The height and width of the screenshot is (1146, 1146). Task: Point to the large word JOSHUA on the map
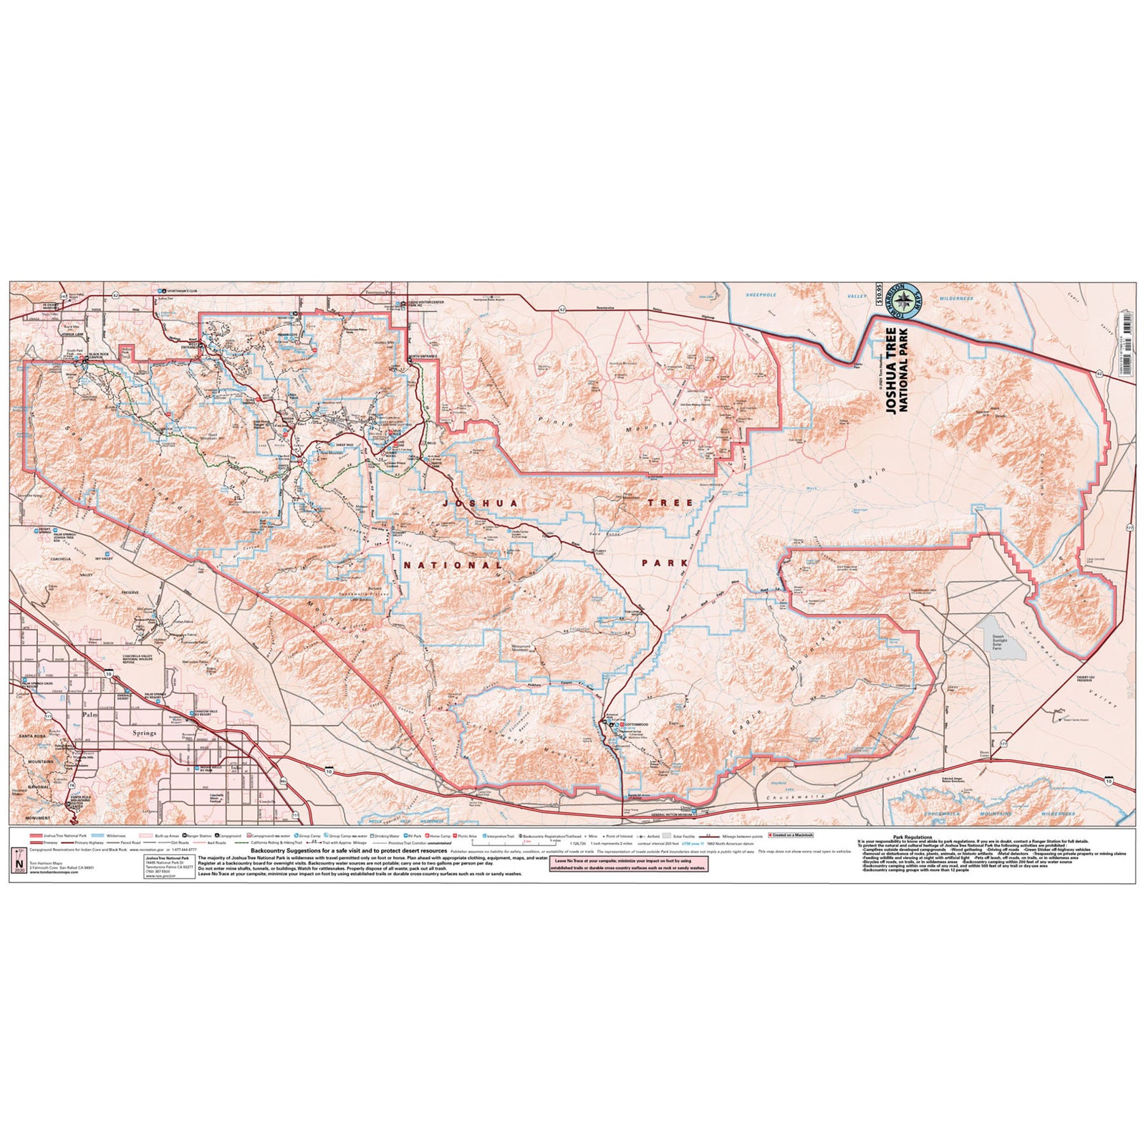[x=473, y=504]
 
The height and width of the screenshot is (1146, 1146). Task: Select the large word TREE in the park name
[x=670, y=503]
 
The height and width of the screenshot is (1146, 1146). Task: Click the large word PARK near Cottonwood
[x=666, y=564]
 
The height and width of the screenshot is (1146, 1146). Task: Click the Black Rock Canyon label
[x=100, y=356]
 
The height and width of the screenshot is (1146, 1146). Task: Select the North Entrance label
[x=423, y=357]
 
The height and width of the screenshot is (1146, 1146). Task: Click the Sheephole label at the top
[x=761, y=295]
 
